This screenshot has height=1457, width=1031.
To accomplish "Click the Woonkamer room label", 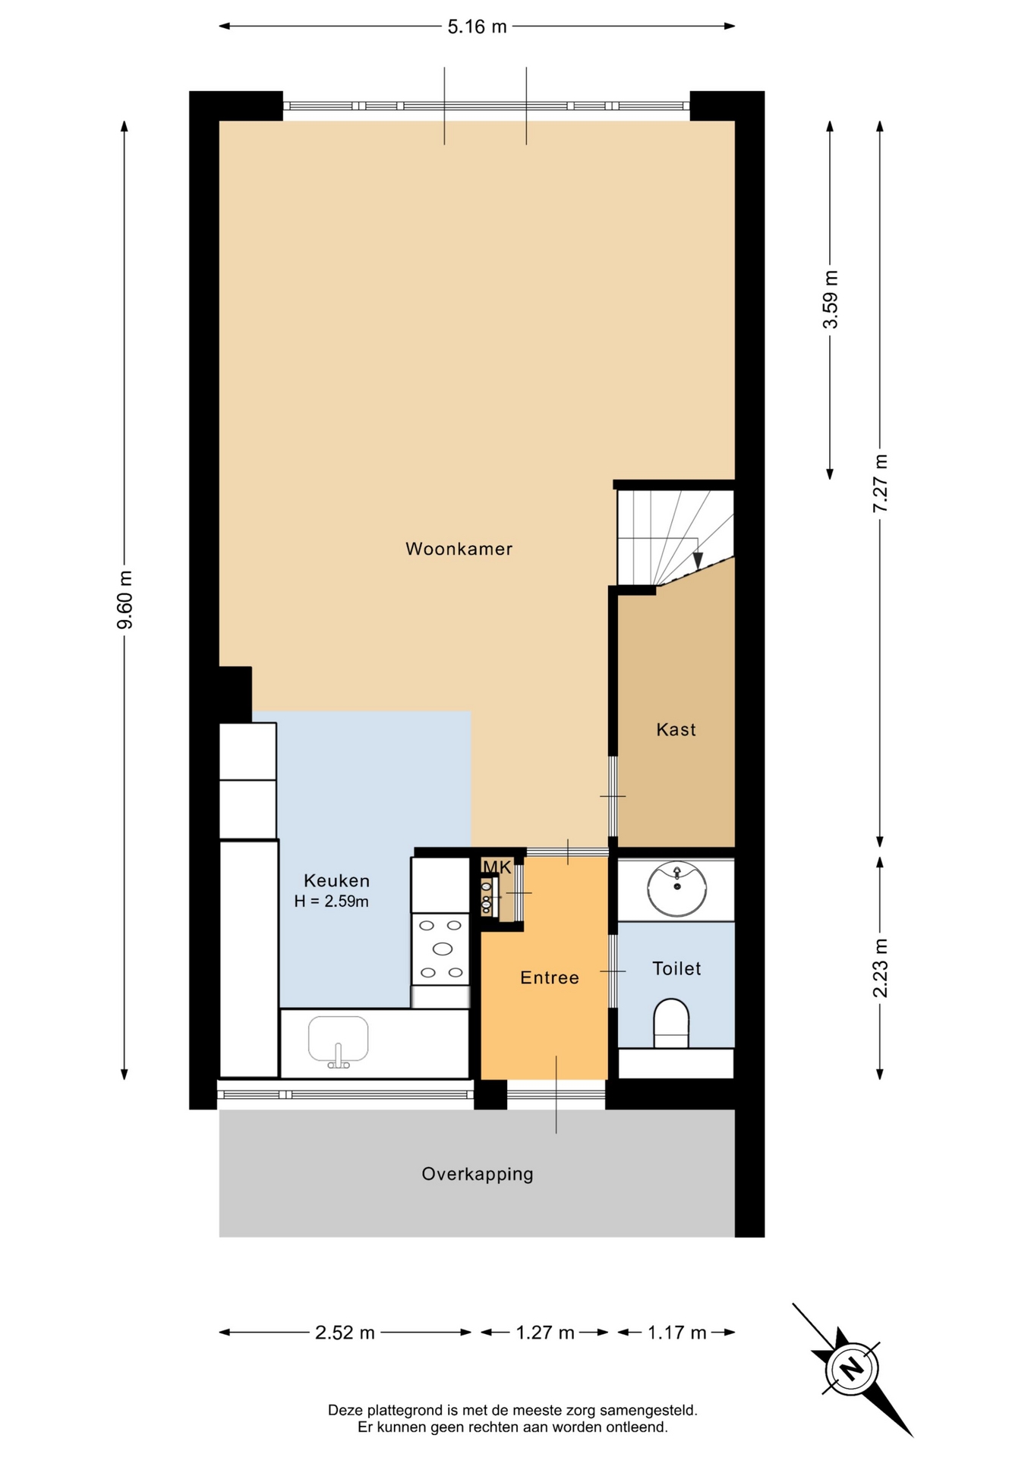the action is [459, 549].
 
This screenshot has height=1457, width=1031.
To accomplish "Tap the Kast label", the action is [676, 729].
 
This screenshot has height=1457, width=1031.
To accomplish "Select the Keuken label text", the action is [336, 880].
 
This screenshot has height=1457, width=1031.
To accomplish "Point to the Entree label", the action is [549, 977].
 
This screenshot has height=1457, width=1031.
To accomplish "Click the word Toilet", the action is [676, 968].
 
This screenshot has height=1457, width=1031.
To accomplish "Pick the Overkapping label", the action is [478, 1174].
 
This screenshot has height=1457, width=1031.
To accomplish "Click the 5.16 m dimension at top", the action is [477, 27].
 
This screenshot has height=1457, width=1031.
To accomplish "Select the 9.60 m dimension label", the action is [125, 599].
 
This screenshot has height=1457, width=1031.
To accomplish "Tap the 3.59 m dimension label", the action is [831, 300].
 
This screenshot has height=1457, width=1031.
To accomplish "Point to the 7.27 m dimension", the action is [880, 483].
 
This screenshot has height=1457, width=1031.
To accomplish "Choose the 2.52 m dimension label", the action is [345, 1333].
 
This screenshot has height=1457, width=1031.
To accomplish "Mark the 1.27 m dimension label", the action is [545, 1333].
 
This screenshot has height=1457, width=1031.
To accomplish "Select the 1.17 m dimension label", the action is [676, 1333].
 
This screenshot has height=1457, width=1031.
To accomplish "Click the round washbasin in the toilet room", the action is [676, 889].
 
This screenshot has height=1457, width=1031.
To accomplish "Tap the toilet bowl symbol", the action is [671, 1024].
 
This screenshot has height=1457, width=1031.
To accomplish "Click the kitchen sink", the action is [338, 1041].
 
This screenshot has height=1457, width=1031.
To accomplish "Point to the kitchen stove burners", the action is [441, 949].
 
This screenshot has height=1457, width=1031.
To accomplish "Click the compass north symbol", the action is [852, 1369].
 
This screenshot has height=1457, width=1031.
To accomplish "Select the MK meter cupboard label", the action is [497, 867].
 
